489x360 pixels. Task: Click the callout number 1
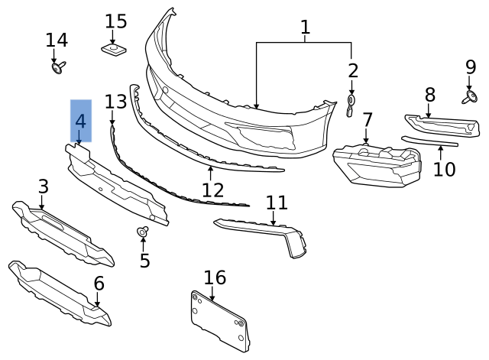(x=305, y=28)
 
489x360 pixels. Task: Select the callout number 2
(x=352, y=71)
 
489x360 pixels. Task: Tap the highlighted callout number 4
(x=80, y=121)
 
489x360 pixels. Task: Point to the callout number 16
(x=215, y=277)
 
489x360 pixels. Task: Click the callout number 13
(x=115, y=102)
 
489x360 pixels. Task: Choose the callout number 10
(x=444, y=168)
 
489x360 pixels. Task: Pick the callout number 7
(x=368, y=120)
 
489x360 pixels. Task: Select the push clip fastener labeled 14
(x=57, y=69)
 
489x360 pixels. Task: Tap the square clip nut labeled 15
(x=115, y=50)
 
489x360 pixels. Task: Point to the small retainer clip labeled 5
(x=142, y=232)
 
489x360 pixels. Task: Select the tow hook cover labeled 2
(x=351, y=105)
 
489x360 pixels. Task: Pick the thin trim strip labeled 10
(x=430, y=141)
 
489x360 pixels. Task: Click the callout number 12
(x=213, y=190)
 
